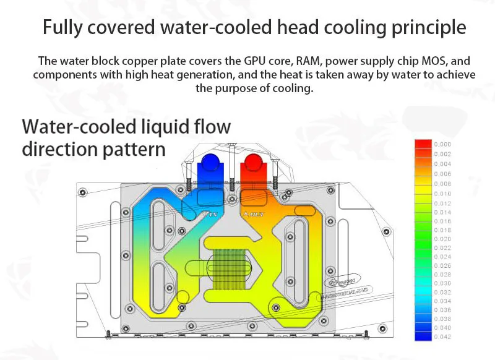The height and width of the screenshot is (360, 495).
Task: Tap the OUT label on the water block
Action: coord(256,215)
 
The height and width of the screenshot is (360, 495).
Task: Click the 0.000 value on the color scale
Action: coord(442,144)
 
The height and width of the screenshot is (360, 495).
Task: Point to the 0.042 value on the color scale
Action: coord(442,336)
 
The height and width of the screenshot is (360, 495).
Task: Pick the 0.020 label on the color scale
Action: coord(442,238)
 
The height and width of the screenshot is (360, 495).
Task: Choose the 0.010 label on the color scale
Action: coord(442,194)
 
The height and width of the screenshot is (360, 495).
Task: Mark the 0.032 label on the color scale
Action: coord(442,291)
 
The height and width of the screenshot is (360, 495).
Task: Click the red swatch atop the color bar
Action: coord(423,144)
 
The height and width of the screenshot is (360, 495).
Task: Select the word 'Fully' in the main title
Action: coord(64,28)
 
